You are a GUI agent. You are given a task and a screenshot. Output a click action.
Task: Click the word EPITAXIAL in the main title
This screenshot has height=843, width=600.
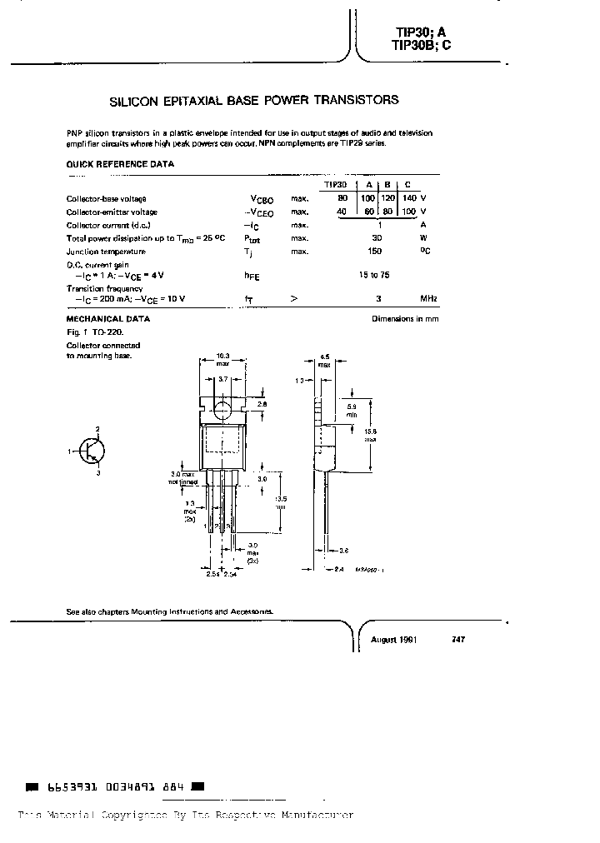point(186,100)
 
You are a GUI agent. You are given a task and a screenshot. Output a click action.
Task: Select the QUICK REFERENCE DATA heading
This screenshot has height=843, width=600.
point(120,164)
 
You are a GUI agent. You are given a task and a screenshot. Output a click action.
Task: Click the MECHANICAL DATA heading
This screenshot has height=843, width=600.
point(107,319)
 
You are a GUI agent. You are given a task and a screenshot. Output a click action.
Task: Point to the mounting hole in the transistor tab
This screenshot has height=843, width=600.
point(222,409)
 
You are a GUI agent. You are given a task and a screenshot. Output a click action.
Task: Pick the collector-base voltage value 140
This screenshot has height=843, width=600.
point(408,198)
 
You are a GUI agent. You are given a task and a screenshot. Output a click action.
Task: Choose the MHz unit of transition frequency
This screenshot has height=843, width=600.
point(428,298)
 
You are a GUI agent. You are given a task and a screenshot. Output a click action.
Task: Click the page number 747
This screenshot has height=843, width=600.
point(457,640)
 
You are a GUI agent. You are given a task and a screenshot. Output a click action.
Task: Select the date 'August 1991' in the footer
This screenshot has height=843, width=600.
point(393,640)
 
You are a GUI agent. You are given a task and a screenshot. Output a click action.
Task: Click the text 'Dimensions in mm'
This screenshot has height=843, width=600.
point(405,319)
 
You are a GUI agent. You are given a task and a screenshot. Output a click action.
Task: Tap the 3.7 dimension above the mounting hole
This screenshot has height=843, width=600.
point(222,379)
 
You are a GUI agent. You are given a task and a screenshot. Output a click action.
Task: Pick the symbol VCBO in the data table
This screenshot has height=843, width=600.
point(262,199)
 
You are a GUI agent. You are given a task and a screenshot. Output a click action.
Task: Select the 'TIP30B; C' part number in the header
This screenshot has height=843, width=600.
point(421,47)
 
